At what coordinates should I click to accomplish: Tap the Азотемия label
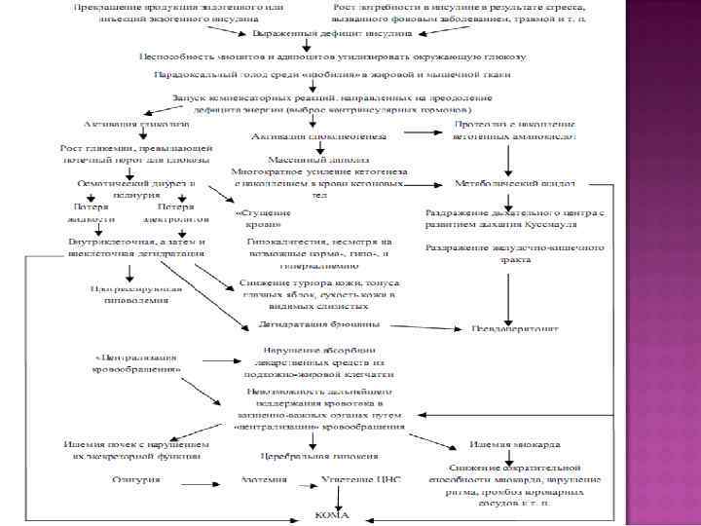coord(265,480)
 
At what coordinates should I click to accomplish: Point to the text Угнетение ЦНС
coord(361,480)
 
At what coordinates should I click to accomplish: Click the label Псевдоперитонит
coord(515,328)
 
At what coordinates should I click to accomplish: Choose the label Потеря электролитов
coord(179,212)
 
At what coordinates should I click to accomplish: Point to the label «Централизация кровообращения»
coord(137,363)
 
